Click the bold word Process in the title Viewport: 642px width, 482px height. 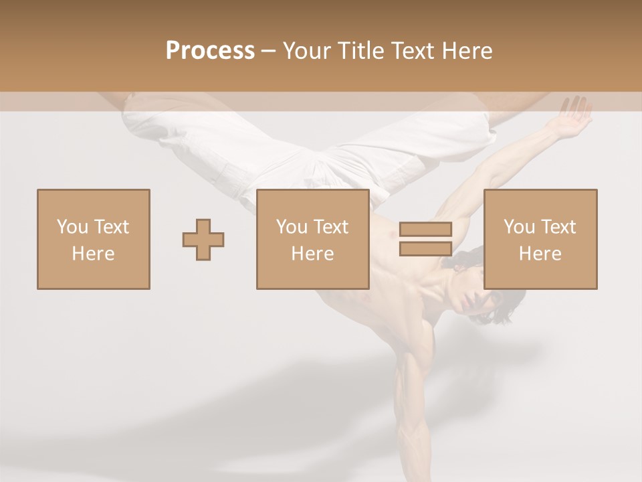tap(210, 51)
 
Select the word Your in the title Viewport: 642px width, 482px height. tap(306, 51)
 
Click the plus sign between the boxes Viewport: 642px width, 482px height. tap(203, 239)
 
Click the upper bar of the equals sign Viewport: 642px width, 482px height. tap(425, 229)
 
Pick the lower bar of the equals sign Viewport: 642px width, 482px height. tap(425, 248)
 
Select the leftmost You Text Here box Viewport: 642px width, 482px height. tap(93, 239)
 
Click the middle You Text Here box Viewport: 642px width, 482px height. tap(312, 239)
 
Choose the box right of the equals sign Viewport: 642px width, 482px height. tap(540, 239)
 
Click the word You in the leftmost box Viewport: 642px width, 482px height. tap(72, 226)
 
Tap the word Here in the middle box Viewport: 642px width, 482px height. tap(312, 254)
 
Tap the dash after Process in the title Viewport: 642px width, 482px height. tap(269, 51)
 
